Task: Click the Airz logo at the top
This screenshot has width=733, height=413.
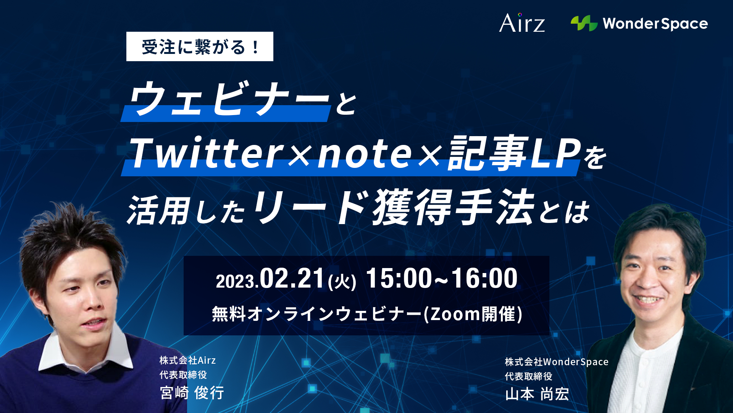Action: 522,23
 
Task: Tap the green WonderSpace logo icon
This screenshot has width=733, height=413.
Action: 584,23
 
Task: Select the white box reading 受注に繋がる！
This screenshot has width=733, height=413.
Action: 200,47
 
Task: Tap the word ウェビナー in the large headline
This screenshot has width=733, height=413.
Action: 229,98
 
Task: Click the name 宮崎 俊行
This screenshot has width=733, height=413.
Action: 192,393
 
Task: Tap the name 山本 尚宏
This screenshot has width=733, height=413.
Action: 537,394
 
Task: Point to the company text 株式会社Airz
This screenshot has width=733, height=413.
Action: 187,360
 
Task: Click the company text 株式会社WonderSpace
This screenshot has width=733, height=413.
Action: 557,362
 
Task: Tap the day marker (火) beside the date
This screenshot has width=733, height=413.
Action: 342,282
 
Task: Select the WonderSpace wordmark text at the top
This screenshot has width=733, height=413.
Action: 655,24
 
